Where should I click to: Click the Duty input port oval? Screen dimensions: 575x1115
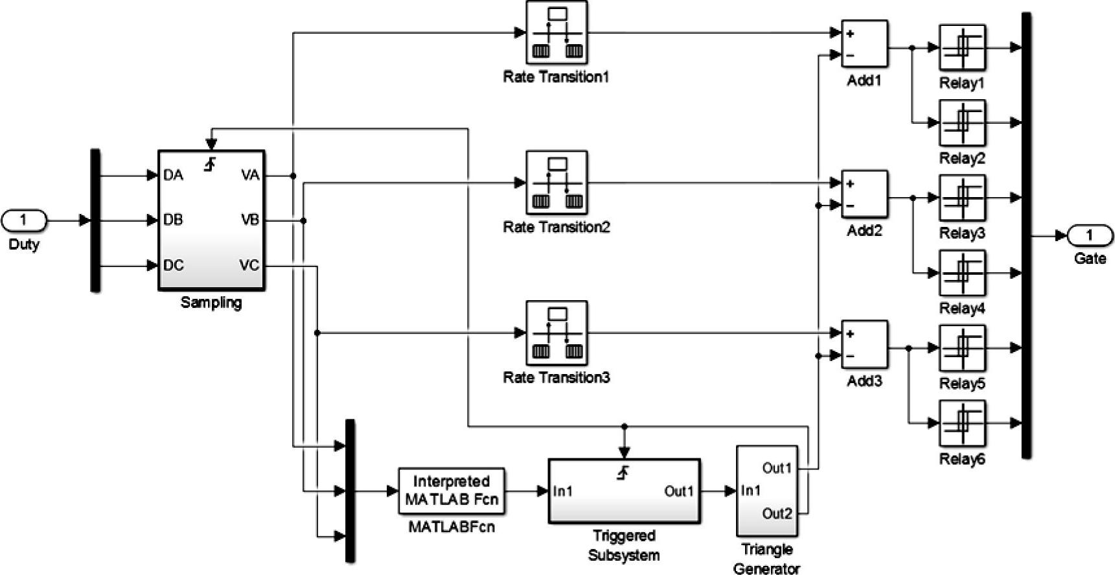coord(24,220)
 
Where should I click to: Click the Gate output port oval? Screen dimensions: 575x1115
coord(1090,235)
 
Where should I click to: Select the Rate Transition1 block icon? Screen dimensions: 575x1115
coord(557,32)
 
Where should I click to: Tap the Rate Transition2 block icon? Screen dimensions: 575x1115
coord(557,183)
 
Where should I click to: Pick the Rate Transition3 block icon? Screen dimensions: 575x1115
coord(557,333)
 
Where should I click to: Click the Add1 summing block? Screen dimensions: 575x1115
coord(864,44)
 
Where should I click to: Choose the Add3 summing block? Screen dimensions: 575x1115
coord(864,344)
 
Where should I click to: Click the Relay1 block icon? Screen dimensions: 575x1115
coord(962,47)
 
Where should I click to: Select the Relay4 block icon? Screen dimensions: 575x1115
coord(962,273)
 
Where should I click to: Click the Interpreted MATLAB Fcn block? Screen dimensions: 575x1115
coord(452,491)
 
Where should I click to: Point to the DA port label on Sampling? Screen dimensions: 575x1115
coord(173,175)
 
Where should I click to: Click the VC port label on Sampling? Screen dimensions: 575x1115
coord(249,265)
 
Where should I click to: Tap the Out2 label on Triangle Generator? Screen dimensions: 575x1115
coord(777,513)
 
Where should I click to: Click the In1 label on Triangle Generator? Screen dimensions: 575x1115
coord(752,491)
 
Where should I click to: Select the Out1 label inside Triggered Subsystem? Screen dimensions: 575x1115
coord(678,491)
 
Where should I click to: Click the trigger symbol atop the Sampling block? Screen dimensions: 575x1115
coord(210,165)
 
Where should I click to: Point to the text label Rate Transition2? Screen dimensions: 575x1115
coord(557,227)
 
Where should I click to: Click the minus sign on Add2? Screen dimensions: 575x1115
coord(850,206)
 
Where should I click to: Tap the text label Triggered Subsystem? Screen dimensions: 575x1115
coord(624,545)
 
